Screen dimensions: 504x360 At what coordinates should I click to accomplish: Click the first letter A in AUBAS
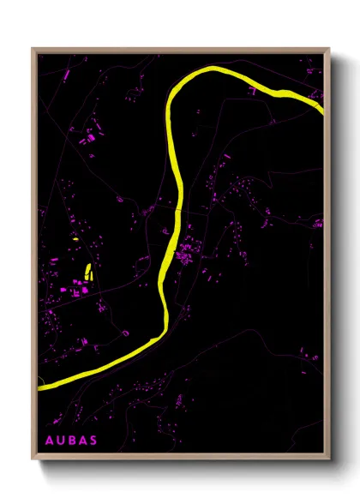click(49, 441)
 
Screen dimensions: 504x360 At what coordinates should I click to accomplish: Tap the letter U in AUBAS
click(61, 441)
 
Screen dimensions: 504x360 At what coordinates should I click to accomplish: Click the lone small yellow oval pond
click(75, 240)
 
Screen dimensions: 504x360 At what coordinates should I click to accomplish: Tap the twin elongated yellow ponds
click(88, 273)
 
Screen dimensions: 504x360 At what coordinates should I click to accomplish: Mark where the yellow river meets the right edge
click(322, 109)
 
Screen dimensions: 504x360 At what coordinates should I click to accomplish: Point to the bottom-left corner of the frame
click(33, 459)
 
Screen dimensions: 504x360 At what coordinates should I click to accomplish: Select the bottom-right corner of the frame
click(329, 459)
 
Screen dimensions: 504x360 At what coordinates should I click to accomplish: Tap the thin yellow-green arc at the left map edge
click(39, 377)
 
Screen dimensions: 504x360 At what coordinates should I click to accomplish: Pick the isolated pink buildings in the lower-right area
click(304, 347)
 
